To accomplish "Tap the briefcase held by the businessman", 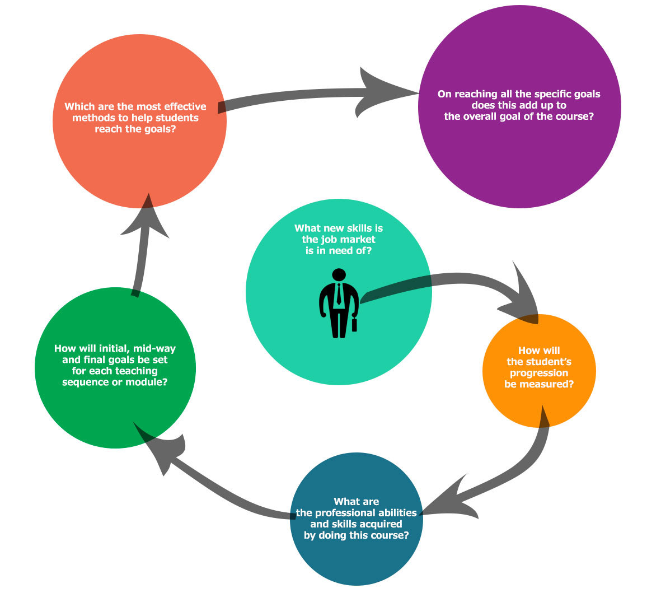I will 354,324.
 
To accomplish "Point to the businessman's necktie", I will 339,295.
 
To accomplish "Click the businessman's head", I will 339,275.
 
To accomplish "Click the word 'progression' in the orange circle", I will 538,373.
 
